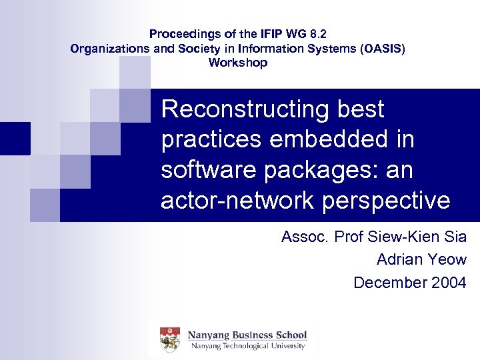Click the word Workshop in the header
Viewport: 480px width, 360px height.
tap(238, 63)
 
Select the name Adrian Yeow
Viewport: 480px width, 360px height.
tap(421, 259)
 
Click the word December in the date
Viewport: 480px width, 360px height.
tap(381, 283)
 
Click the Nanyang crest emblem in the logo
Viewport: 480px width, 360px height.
tap(170, 340)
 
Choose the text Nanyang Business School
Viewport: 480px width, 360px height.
tap(247, 335)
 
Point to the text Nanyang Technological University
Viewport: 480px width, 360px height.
tap(247, 346)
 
